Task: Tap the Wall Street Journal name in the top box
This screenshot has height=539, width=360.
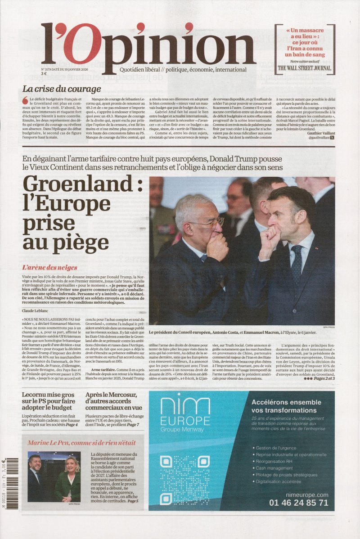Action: [x=305, y=68]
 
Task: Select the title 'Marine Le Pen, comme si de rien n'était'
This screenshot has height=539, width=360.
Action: [x=81, y=442]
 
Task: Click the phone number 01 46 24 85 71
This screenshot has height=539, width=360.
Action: [x=298, y=503]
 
